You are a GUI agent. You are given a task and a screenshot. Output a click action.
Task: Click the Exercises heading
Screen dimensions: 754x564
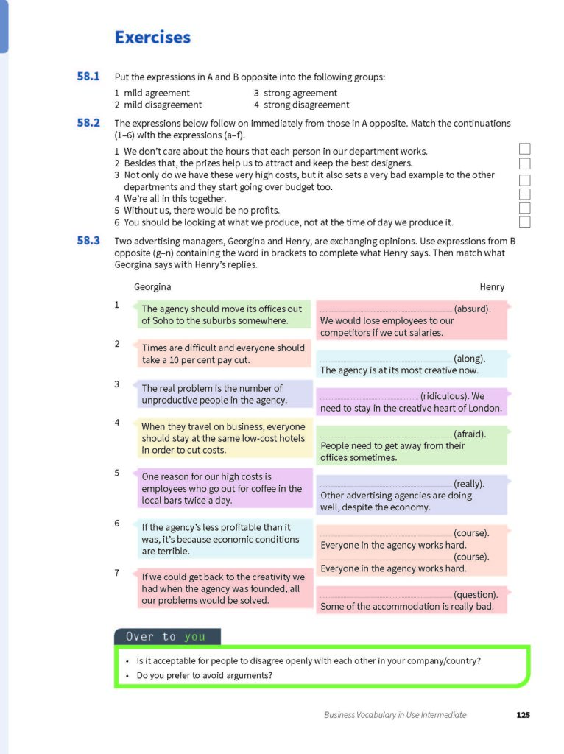152,38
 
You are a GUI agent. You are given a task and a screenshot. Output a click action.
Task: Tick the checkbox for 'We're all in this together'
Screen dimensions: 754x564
525,194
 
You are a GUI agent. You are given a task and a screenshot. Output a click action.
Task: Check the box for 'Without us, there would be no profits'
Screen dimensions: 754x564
525,208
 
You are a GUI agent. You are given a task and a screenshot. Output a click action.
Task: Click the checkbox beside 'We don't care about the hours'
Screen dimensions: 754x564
525,149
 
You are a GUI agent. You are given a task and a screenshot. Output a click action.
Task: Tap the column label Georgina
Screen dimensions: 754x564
152,287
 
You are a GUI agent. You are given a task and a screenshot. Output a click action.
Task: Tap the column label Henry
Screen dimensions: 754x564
492,287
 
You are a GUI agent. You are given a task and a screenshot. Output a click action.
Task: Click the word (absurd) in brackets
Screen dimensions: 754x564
472,309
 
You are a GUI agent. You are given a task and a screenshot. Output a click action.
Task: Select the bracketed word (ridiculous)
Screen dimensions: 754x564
445,396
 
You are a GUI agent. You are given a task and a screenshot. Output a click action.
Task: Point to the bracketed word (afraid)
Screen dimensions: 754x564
470,434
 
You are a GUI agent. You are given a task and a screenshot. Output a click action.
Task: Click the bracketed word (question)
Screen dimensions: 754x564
476,595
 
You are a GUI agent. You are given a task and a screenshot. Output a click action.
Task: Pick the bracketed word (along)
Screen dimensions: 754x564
469,359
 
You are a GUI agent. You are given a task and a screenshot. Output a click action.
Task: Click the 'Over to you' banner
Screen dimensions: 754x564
166,637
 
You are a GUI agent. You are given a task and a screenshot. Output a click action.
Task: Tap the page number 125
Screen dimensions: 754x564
522,714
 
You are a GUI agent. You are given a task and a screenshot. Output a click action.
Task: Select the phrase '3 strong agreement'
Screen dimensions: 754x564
295,94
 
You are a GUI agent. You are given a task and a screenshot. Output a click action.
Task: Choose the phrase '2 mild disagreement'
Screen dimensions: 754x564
158,105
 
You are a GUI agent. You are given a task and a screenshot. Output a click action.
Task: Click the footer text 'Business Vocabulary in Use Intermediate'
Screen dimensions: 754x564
395,714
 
